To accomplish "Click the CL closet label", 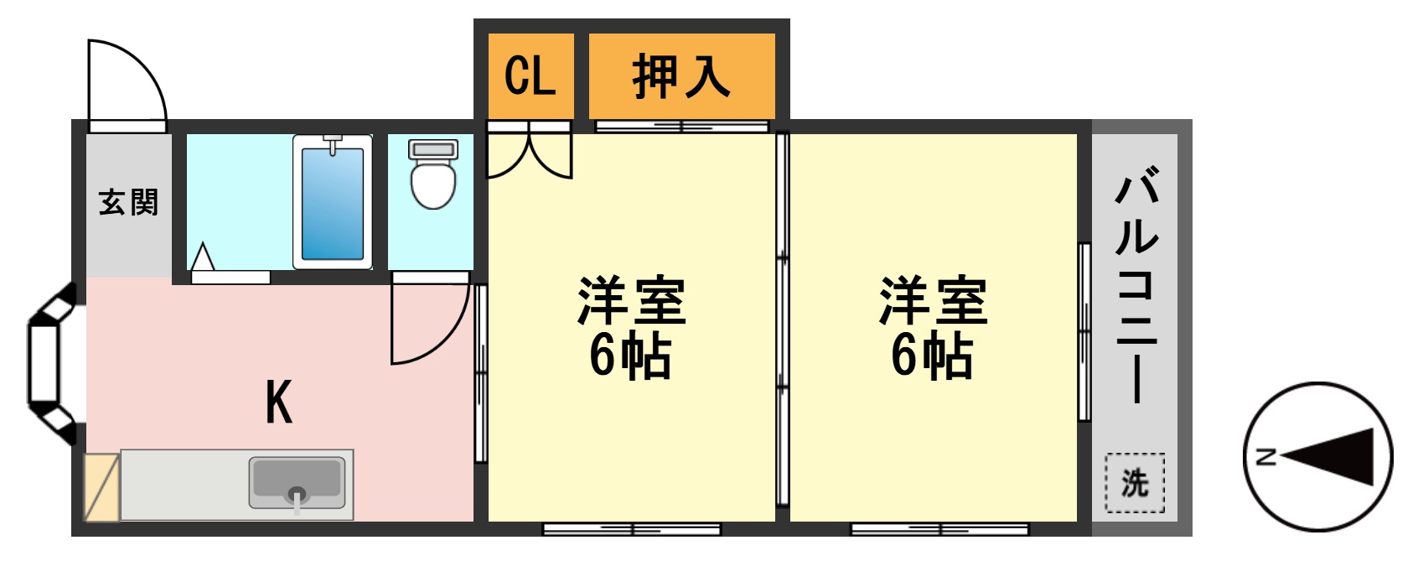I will pyautogui.click(x=530, y=76).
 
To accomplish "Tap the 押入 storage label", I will pyautogui.click(x=681, y=76).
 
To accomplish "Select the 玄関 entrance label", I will pyautogui.click(x=128, y=202).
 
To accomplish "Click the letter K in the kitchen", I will pyautogui.click(x=279, y=403).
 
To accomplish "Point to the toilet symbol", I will pyautogui.click(x=432, y=174).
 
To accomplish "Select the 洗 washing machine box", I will pyautogui.click(x=1134, y=482).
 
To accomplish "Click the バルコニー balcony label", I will pyautogui.click(x=1136, y=285).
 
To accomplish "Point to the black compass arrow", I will pyautogui.click(x=1332, y=457).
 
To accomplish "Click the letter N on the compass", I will pyautogui.click(x=1266, y=457).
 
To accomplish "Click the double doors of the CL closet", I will pyautogui.click(x=529, y=152).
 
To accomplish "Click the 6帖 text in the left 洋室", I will pyautogui.click(x=630, y=356).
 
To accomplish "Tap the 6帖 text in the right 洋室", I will pyautogui.click(x=932, y=356).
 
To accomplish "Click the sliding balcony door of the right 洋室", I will pyautogui.click(x=1084, y=331).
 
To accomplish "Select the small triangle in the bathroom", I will pyautogui.click(x=203, y=257).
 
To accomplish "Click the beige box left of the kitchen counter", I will pyautogui.click(x=102, y=486).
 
